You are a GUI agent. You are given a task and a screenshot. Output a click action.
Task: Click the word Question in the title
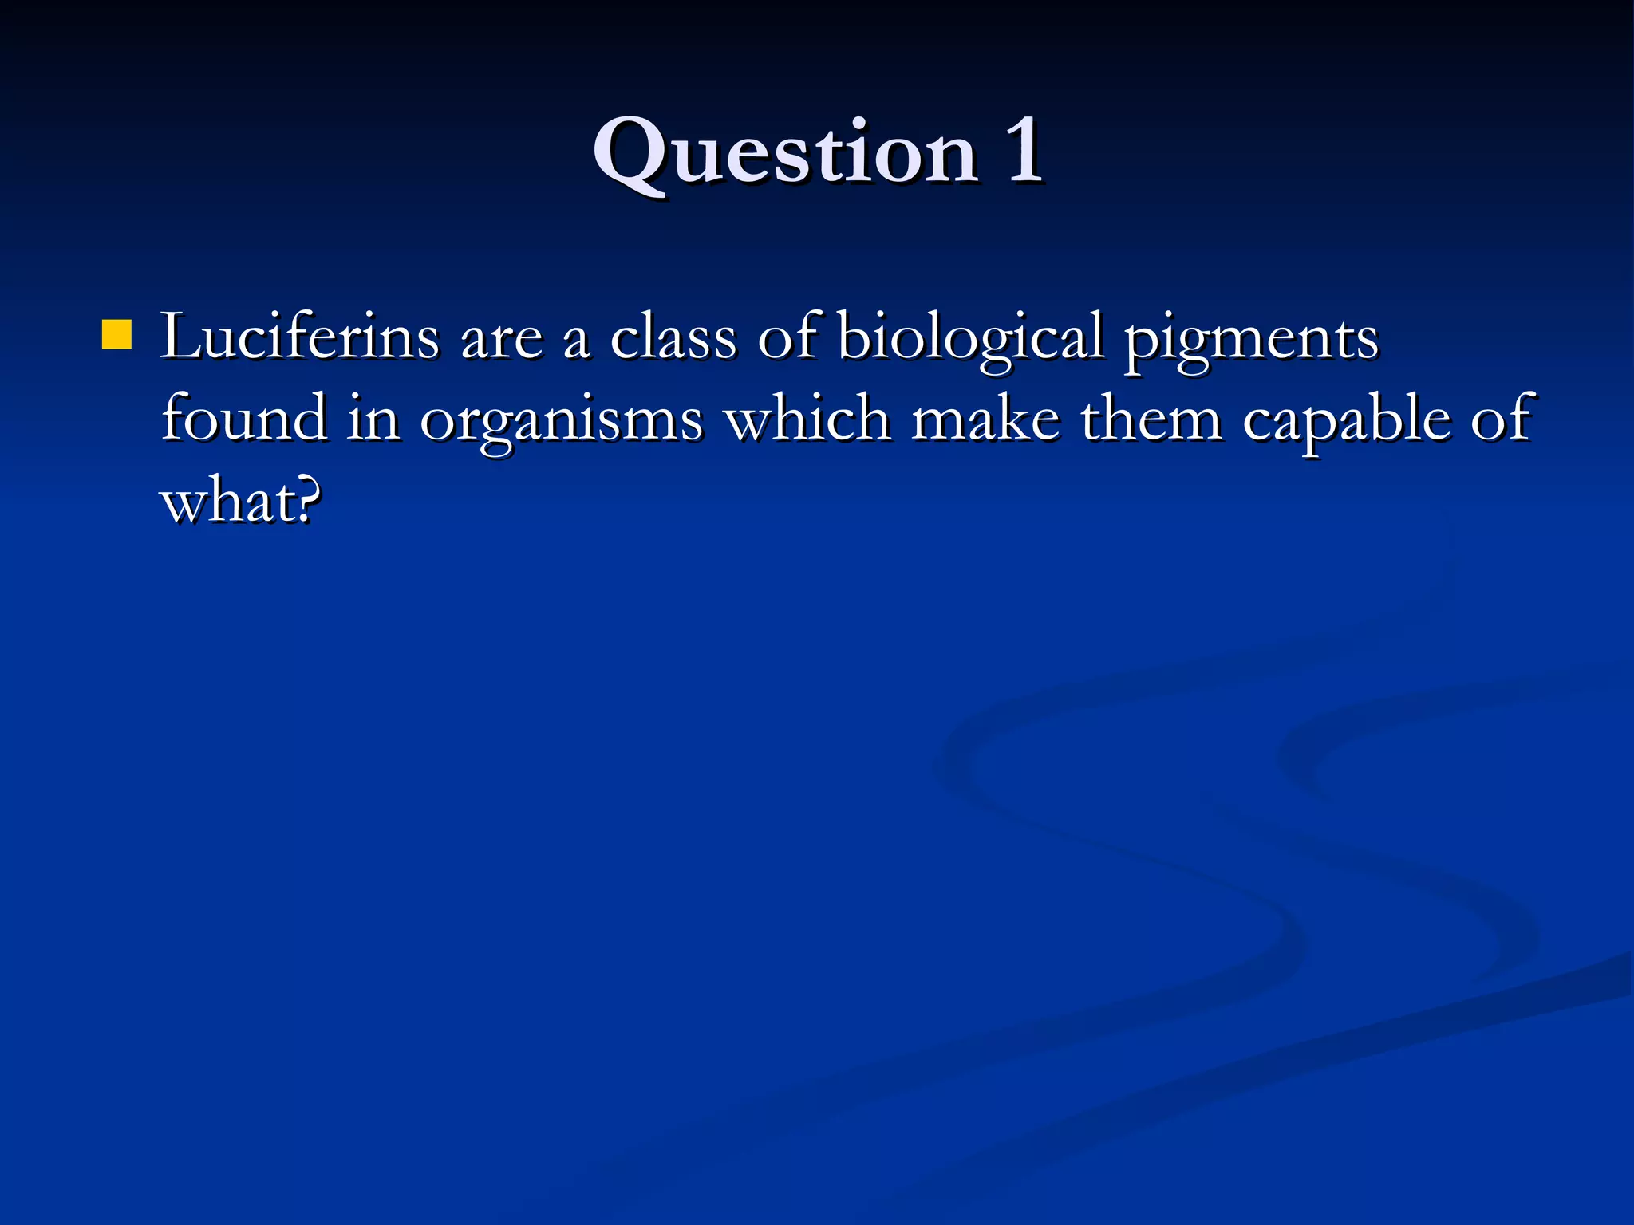coord(785,152)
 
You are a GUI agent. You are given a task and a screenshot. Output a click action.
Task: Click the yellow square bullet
coord(116,335)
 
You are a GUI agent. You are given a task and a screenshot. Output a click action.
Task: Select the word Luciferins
coord(299,337)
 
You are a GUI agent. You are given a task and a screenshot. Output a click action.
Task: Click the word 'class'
coord(673,337)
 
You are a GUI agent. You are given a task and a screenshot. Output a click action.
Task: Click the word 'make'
coord(985,419)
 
